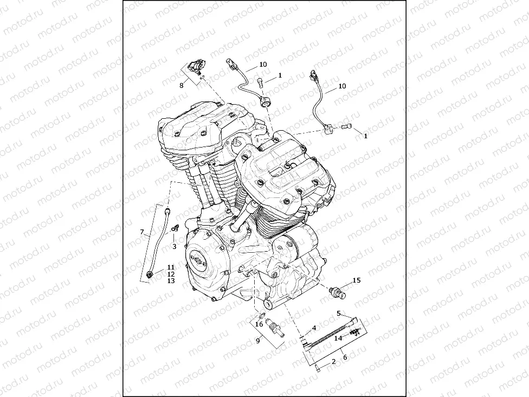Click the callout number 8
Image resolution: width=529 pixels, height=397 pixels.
(182, 85)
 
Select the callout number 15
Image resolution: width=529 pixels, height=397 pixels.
(356, 280)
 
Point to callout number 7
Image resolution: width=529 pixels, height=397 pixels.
(142, 232)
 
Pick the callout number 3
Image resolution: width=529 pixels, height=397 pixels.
(174, 246)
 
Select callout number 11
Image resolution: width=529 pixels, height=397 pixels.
(171, 267)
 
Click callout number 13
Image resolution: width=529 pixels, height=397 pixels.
(171, 281)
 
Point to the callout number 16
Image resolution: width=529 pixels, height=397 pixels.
(259, 324)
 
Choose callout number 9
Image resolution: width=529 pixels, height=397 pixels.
(258, 341)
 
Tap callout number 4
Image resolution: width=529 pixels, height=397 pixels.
(313, 329)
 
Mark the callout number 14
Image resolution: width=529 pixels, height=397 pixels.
(338, 337)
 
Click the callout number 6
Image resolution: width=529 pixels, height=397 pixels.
(345, 357)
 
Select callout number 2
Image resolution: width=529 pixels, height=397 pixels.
(334, 361)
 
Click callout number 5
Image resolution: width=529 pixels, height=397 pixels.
(338, 313)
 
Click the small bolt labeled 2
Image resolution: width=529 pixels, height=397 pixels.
(316, 368)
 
